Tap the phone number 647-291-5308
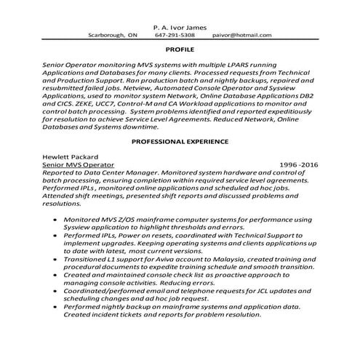[x=175, y=34]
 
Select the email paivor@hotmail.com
[x=242, y=34]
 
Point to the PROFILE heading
[x=180, y=52]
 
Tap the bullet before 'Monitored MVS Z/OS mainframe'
[x=52, y=219]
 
